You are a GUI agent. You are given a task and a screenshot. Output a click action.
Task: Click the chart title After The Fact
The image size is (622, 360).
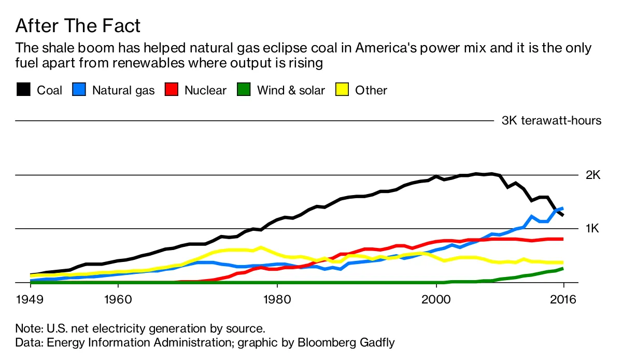pyautogui.click(x=78, y=25)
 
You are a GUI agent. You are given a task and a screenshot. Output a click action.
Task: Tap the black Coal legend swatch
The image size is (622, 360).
pyautogui.click(x=23, y=90)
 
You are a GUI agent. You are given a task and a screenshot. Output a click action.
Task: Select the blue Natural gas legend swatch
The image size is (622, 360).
pyautogui.click(x=78, y=90)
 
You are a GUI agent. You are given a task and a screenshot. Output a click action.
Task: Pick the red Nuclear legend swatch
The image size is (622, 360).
pyautogui.click(x=171, y=90)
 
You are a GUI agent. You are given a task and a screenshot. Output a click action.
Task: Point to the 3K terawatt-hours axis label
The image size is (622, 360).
pyautogui.click(x=551, y=121)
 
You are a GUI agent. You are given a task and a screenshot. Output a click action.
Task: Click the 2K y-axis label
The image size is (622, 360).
pyautogui.click(x=592, y=175)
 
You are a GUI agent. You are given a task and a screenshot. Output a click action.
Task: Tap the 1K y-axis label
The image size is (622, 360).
pyautogui.click(x=592, y=229)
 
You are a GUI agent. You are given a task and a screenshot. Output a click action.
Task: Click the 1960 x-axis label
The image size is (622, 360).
pyautogui.click(x=118, y=300)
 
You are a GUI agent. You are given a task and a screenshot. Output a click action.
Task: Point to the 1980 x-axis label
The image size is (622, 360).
pyautogui.click(x=277, y=300)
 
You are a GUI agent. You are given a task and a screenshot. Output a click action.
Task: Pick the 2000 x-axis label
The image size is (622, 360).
pyautogui.click(x=436, y=300)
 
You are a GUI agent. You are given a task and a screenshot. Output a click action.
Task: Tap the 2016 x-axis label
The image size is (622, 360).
pyautogui.click(x=563, y=300)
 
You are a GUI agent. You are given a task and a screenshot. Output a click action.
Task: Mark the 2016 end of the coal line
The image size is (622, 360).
pyautogui.click(x=563, y=215)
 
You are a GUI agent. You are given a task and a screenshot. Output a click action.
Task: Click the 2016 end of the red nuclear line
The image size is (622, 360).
pyautogui.click(x=563, y=239)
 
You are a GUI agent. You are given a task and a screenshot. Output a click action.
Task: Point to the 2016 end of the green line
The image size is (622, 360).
pyautogui.click(x=563, y=268)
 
